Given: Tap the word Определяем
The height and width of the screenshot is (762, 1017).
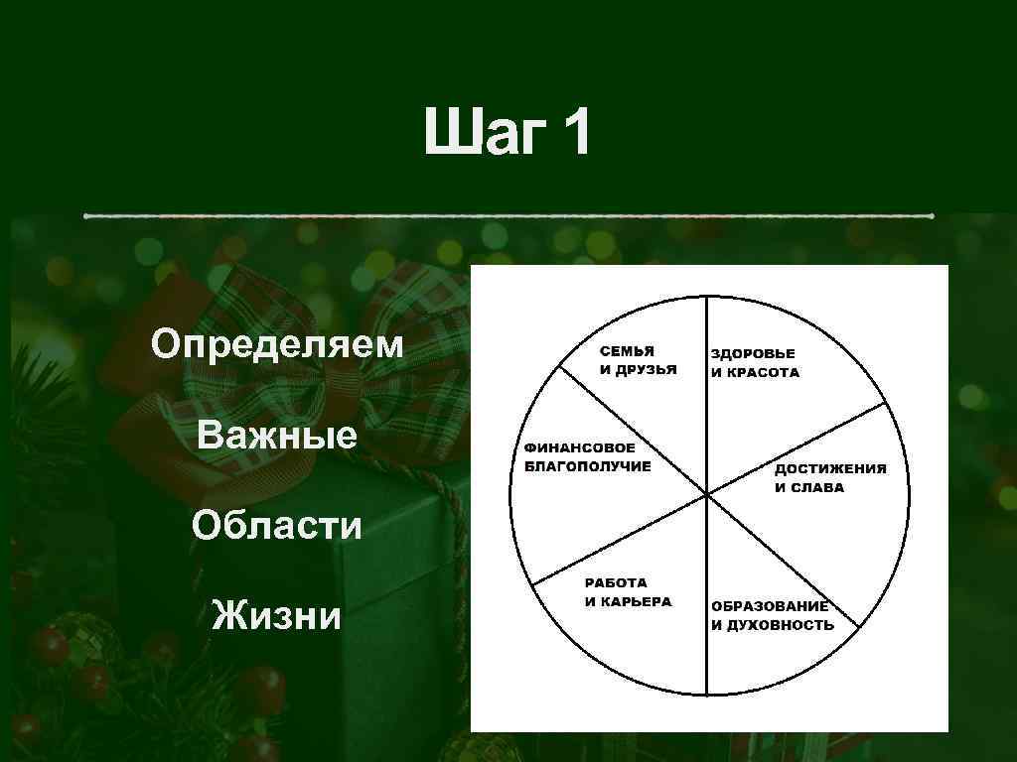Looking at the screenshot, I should click(x=277, y=345).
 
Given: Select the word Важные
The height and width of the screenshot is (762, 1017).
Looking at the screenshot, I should click(x=277, y=435).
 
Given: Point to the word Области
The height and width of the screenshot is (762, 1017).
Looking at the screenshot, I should click(x=277, y=525).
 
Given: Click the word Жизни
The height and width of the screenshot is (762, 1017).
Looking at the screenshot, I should click(x=277, y=616).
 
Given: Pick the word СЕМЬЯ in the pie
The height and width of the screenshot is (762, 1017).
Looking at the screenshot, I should click(x=627, y=352).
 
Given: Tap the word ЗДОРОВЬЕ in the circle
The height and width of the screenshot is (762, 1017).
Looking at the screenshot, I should click(x=753, y=354).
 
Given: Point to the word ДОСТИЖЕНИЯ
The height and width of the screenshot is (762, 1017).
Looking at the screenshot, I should click(x=830, y=469).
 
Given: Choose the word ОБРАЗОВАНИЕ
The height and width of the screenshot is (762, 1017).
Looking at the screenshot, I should click(x=769, y=606).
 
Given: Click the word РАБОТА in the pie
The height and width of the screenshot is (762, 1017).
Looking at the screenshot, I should click(x=615, y=583).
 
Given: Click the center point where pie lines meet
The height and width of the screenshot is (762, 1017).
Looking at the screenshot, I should click(x=707, y=493).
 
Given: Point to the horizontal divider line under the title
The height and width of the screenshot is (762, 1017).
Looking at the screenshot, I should click(x=508, y=215).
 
